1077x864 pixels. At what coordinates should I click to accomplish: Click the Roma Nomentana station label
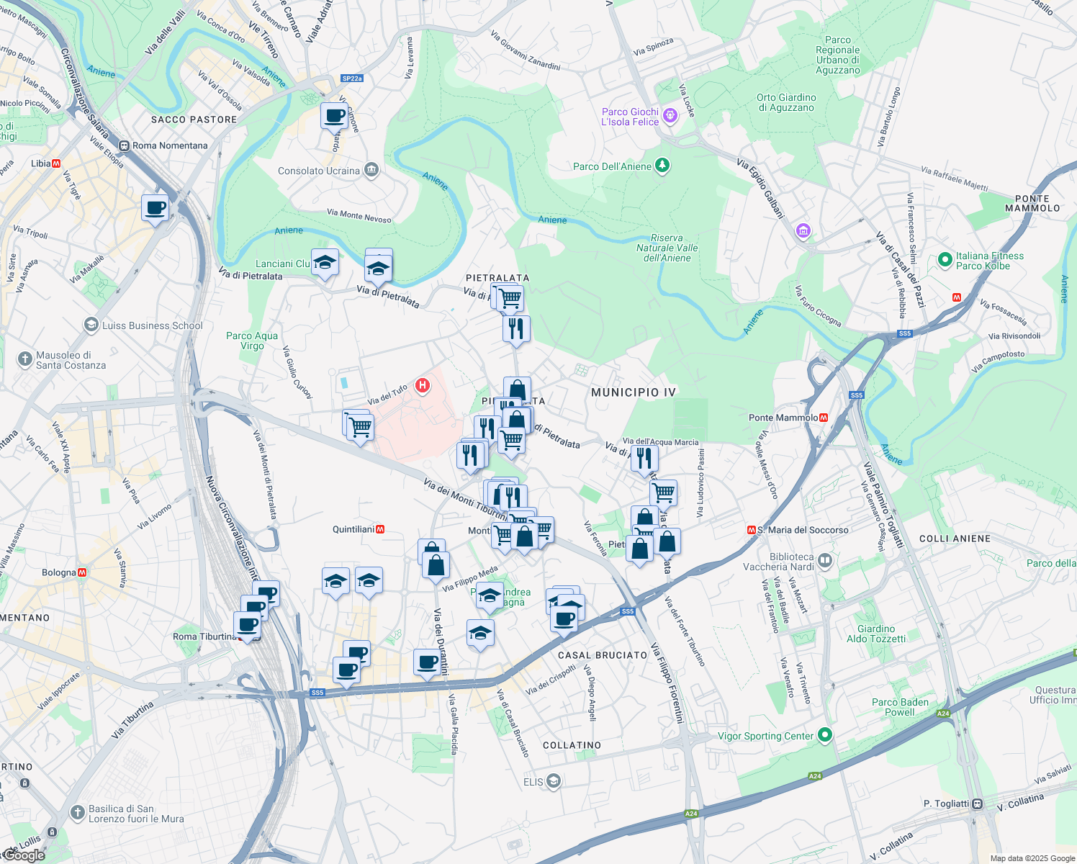click(x=169, y=145)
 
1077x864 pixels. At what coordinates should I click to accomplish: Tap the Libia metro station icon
click(x=56, y=163)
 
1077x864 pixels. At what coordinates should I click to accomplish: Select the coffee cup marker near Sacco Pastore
click(x=334, y=116)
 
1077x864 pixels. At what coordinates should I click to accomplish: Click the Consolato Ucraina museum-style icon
click(x=371, y=171)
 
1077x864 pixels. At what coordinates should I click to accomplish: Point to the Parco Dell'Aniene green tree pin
click(x=662, y=166)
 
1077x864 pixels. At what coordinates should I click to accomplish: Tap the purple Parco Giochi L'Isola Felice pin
click(x=670, y=116)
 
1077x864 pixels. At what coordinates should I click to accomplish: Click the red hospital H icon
click(x=423, y=386)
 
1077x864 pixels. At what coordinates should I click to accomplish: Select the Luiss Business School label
click(x=152, y=325)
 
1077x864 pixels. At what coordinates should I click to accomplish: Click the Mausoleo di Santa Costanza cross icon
click(x=25, y=359)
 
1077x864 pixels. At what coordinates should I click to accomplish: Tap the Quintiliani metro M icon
click(x=380, y=529)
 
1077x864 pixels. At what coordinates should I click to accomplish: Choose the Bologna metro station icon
click(x=83, y=572)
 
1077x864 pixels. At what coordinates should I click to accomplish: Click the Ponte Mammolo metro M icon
click(x=824, y=418)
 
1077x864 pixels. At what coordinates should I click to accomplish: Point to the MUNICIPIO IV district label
click(x=634, y=392)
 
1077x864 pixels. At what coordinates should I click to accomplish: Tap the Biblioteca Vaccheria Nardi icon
click(x=825, y=561)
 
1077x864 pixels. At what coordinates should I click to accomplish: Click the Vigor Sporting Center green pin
click(x=825, y=735)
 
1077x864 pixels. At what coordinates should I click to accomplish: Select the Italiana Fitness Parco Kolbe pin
click(x=945, y=260)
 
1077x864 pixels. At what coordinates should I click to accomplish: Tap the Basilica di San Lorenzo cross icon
click(x=77, y=813)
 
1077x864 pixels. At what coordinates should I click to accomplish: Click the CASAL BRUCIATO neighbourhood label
click(x=603, y=655)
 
